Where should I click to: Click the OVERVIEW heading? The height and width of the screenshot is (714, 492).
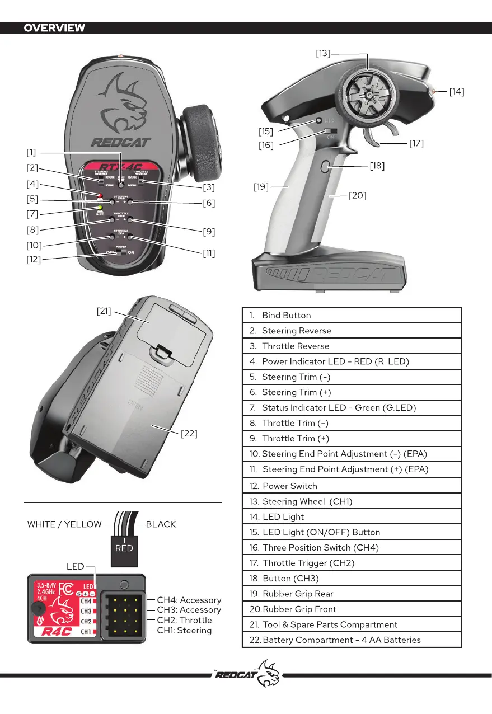(x=54, y=28)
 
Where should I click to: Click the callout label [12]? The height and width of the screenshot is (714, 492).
(x=34, y=260)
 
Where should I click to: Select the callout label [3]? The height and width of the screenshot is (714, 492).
(x=209, y=187)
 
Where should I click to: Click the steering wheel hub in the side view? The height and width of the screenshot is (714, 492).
(x=369, y=95)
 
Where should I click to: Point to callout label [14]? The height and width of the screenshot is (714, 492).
(x=457, y=92)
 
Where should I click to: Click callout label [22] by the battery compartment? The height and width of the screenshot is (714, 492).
(x=189, y=433)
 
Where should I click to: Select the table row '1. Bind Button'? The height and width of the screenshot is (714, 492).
(x=352, y=315)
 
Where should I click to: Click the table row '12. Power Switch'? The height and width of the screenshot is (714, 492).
(x=352, y=486)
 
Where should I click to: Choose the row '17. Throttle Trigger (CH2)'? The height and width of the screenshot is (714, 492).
(x=352, y=563)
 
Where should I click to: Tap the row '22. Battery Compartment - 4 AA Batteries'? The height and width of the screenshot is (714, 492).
(x=352, y=640)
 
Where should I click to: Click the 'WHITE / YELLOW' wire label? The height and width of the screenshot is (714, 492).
(x=64, y=524)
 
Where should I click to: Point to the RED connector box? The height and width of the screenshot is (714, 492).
(x=124, y=548)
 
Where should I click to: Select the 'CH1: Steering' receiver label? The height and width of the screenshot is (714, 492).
(x=184, y=631)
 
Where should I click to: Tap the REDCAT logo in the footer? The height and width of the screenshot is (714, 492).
(x=246, y=675)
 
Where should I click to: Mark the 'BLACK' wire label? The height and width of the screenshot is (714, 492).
(x=161, y=524)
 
